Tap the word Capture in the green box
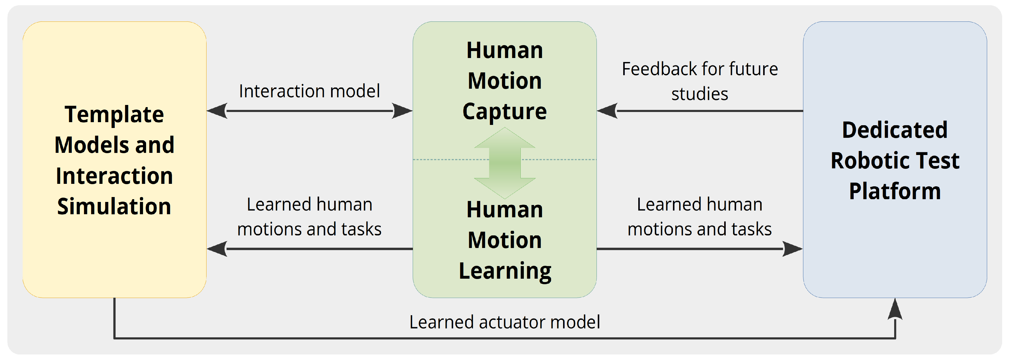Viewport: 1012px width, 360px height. pos(504,112)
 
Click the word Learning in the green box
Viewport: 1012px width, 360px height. pos(505,271)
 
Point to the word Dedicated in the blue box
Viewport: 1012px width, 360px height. pos(894,130)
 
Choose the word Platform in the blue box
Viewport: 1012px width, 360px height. pos(894,192)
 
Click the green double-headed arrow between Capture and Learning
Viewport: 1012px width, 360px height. pos(505,163)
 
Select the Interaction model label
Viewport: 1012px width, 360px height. pos(309,91)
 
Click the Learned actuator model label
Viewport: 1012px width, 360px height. pos(504,322)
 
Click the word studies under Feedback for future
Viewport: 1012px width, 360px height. pos(699,94)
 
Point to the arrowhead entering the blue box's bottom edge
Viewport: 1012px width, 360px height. pos(895,309)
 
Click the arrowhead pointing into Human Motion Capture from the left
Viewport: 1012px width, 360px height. pos(401,111)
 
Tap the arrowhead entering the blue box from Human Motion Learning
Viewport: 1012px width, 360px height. pos(792,249)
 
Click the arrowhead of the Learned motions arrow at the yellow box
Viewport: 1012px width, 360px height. pos(217,249)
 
